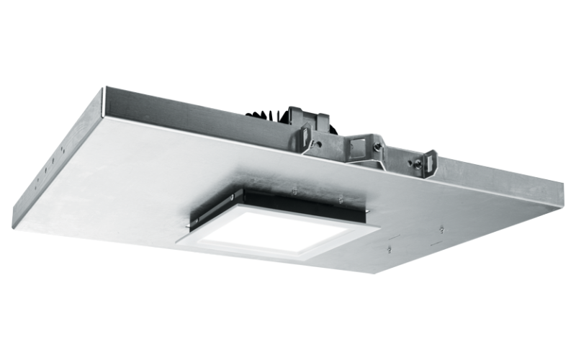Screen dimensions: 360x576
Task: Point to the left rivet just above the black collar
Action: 295,192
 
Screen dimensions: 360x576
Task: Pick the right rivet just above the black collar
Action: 338,198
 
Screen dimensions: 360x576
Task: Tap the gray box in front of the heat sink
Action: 300,118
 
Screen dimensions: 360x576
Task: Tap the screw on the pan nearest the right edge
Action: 441,230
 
